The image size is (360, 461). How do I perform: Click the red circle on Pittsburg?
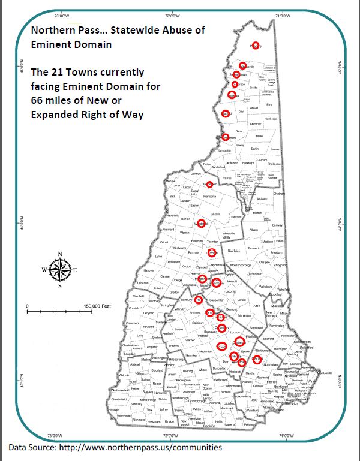(256, 46)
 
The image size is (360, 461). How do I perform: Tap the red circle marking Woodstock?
(202, 224)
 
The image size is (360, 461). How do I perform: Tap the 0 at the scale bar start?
(28, 306)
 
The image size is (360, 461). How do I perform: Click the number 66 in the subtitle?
(38, 100)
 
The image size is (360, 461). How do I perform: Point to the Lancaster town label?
(225, 150)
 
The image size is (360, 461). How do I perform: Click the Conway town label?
(277, 225)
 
